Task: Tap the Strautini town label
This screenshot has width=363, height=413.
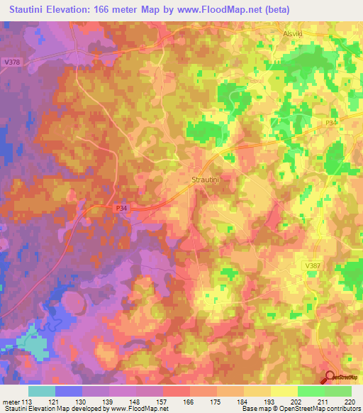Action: (x=207, y=180)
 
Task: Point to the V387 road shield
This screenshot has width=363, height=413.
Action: (x=313, y=265)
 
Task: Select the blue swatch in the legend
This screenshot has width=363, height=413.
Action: (x=69, y=391)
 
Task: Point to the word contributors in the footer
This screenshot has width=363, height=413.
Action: (x=340, y=409)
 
